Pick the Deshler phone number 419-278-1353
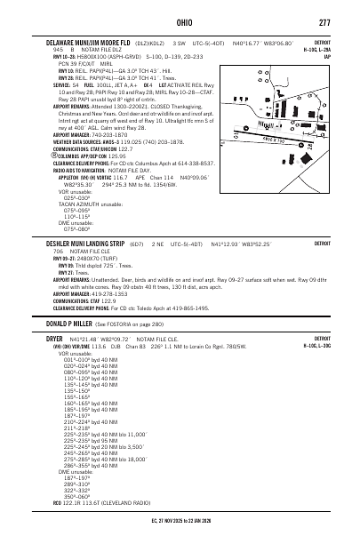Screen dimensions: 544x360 [x=113, y=294]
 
